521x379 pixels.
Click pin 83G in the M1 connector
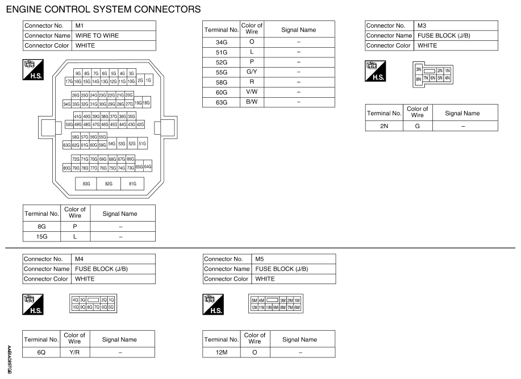(87, 184)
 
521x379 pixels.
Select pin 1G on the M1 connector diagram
(148, 81)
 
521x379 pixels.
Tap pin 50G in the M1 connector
(69, 124)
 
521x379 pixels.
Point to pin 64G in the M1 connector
(148, 166)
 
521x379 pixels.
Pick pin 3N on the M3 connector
(419, 69)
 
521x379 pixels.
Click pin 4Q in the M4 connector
(74, 299)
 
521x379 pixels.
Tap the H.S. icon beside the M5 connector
(214, 304)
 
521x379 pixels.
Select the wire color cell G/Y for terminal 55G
(252, 72)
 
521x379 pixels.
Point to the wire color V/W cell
(252, 92)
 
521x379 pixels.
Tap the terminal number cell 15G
(41, 237)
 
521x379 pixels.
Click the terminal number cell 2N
(384, 125)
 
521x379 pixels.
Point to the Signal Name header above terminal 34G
(298, 30)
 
